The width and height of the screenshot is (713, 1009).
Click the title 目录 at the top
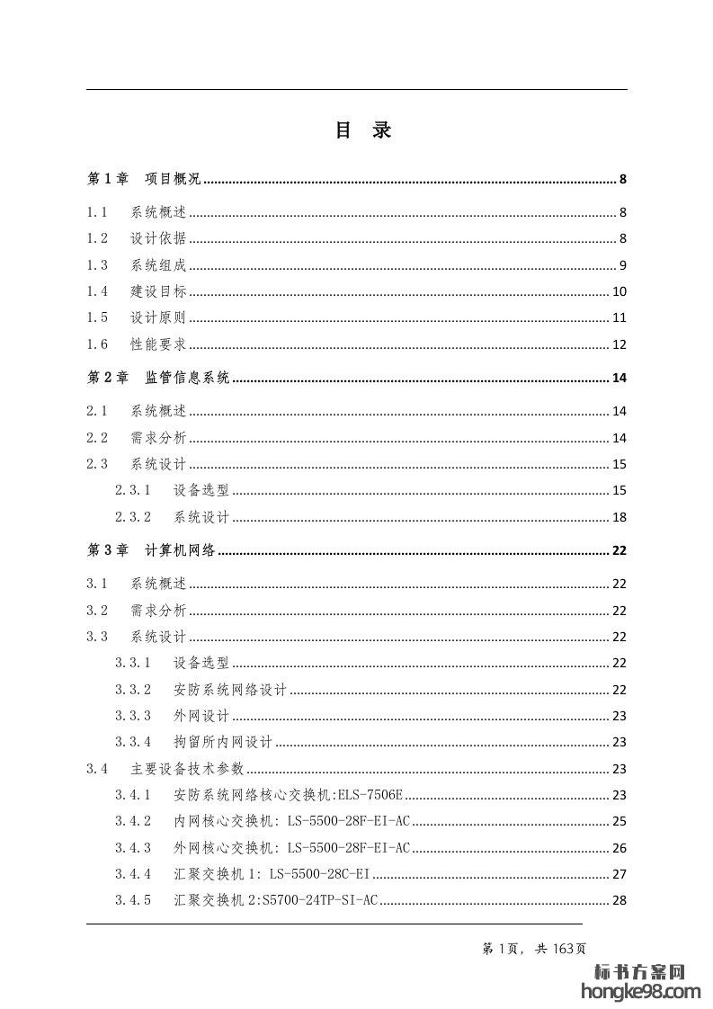coord(363,130)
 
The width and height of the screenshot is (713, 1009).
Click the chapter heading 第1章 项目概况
coord(144,179)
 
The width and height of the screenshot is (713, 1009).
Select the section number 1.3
coord(97,265)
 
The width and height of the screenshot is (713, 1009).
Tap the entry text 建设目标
coord(158,291)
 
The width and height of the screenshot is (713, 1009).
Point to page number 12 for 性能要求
coord(619,344)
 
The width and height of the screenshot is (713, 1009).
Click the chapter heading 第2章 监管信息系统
coord(158,378)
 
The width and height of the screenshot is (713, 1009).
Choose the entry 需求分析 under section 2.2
coord(158,438)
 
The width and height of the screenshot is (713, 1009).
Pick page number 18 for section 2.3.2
coord(619,517)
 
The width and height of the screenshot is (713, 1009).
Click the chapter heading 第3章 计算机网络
coord(151,551)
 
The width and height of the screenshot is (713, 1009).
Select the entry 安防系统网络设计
coord(230,690)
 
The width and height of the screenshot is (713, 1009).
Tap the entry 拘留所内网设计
coord(223,742)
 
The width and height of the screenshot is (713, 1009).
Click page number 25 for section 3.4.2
coord(619,821)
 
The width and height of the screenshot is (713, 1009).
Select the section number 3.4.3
coord(133,848)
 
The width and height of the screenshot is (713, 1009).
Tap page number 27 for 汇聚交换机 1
coord(619,874)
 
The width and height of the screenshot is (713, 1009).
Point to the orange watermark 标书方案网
coord(641,972)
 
